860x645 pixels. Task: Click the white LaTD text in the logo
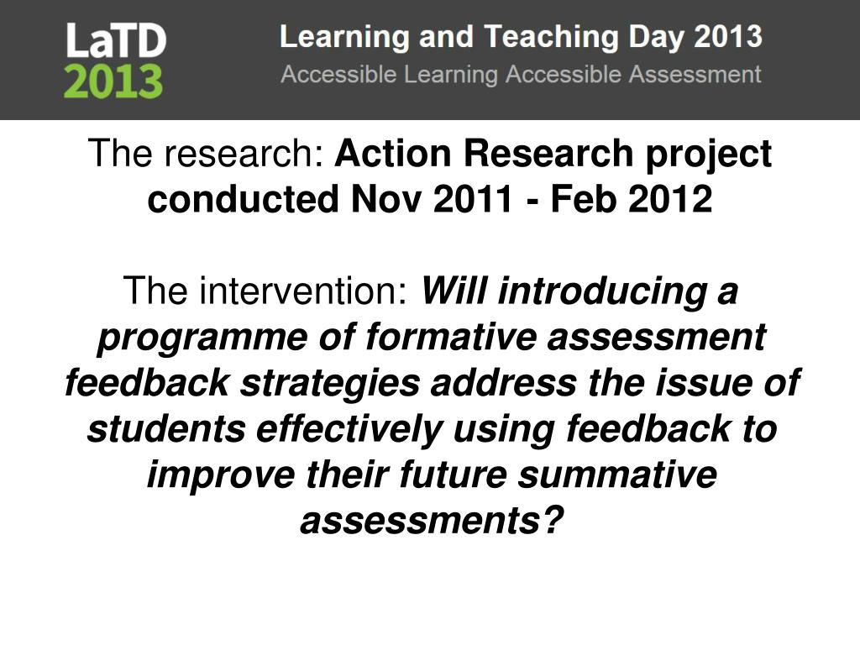tap(116, 40)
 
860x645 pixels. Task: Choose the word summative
tap(617, 475)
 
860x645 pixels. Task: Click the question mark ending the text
tap(550, 522)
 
